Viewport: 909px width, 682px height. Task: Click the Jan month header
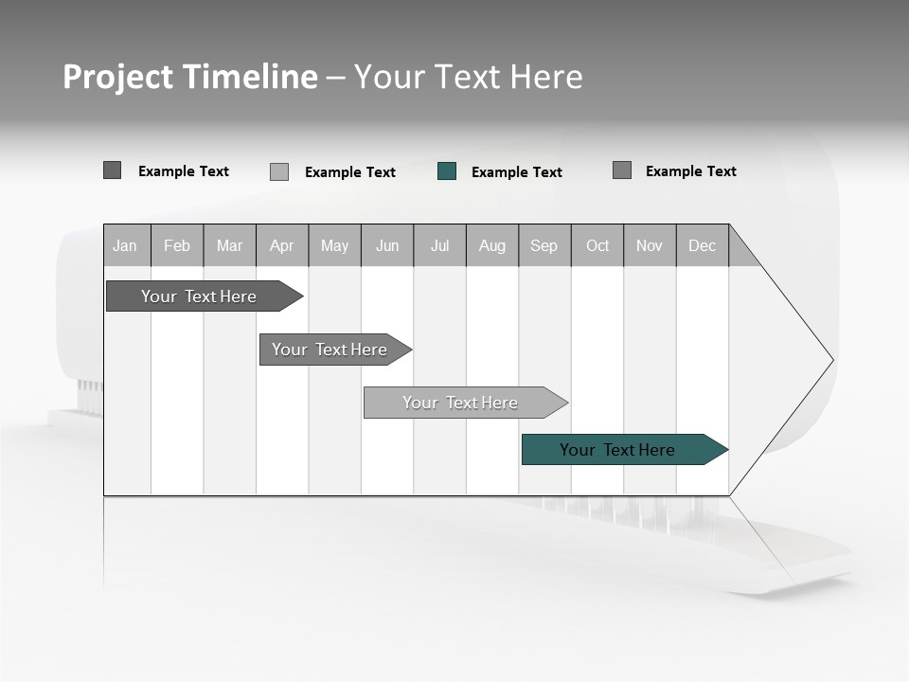click(126, 246)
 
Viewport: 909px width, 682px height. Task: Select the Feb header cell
click(177, 246)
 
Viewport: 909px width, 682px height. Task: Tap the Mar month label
click(229, 246)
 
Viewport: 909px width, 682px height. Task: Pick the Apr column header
click(282, 246)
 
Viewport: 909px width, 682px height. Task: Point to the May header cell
click(334, 246)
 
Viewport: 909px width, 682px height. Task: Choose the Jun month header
click(387, 246)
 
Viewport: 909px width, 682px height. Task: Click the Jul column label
click(439, 246)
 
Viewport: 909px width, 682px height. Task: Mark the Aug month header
click(492, 246)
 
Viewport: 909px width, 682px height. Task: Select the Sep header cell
click(544, 246)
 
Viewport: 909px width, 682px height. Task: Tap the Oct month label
click(597, 246)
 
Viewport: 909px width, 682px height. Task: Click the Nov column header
click(650, 246)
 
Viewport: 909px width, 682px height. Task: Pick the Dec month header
click(703, 246)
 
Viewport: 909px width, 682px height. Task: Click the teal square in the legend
click(447, 171)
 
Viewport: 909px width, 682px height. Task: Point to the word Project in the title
click(118, 77)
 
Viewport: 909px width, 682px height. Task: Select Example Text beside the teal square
click(517, 172)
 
